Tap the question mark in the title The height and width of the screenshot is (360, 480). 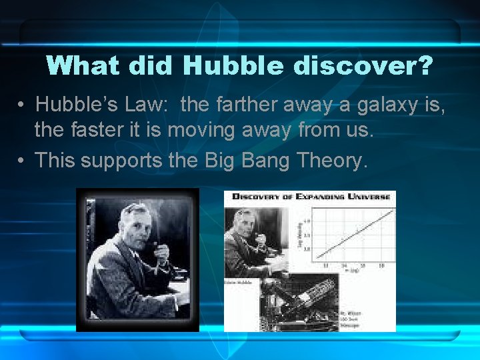tap(425, 65)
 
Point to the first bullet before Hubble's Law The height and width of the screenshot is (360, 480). tap(22, 105)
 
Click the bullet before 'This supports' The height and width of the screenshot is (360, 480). tap(22, 161)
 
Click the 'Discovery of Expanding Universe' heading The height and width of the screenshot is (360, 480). tap(309, 197)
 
